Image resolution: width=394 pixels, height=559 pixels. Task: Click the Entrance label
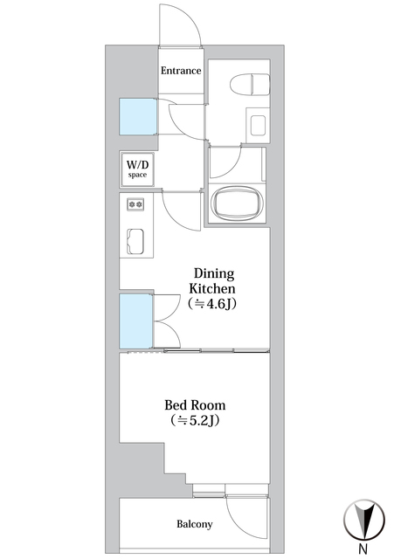click(181, 71)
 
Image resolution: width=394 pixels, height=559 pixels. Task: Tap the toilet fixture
click(250, 85)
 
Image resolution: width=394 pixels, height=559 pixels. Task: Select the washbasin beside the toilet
click(258, 126)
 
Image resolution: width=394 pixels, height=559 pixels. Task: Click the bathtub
click(237, 204)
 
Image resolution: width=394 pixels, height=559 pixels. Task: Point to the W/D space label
click(137, 169)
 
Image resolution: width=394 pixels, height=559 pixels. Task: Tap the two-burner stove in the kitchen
click(135, 204)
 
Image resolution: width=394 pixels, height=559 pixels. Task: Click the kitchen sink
click(135, 241)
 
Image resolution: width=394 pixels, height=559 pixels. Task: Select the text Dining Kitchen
click(213, 280)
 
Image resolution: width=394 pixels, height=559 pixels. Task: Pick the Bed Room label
click(195, 405)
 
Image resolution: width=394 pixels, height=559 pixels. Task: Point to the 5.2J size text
click(194, 421)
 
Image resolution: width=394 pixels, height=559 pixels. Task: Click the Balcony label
click(195, 524)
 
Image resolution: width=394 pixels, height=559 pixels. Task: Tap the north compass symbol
click(364, 520)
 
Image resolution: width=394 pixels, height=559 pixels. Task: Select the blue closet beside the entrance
click(138, 116)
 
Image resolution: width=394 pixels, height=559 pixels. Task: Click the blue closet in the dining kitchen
click(136, 321)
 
